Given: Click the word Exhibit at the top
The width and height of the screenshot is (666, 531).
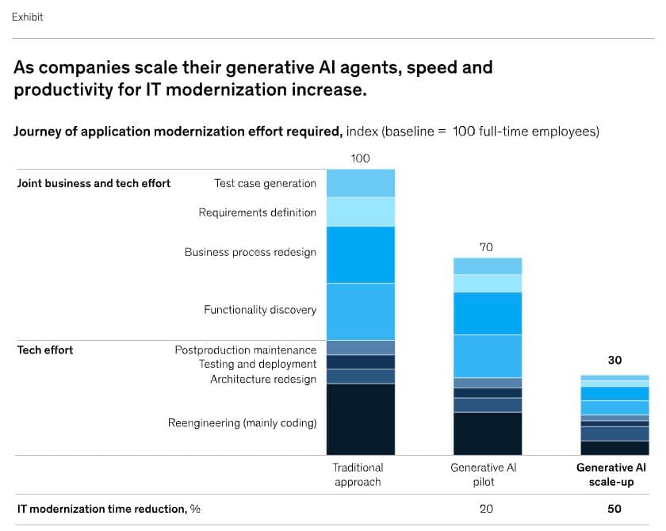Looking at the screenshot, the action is tap(27, 17).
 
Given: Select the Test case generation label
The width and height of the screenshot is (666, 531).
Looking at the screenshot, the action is tap(265, 183).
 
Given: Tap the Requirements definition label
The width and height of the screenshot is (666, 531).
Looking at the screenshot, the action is tap(258, 212).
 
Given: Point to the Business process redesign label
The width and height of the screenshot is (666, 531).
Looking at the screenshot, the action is tap(251, 252).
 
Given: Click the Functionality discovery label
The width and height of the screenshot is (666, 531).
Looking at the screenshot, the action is tap(260, 310).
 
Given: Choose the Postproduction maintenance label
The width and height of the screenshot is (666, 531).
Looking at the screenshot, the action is tap(246, 350).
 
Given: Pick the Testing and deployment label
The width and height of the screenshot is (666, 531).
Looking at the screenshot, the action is tap(258, 365).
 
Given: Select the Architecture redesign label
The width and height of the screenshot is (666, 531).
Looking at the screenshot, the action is tap(263, 379).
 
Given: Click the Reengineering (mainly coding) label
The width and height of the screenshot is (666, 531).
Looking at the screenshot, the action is tap(242, 422).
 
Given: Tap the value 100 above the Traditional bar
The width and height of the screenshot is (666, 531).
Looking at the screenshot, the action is tap(360, 159).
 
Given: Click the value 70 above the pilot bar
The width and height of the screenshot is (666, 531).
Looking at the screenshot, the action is tap(486, 247).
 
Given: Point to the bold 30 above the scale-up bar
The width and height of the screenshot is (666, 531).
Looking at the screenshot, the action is tap(614, 360).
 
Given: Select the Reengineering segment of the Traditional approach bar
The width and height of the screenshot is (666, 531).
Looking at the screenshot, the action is tap(361, 419).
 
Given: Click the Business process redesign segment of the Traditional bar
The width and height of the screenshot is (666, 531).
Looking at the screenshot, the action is tap(361, 254).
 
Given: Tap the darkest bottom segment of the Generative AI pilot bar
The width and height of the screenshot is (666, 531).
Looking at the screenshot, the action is tap(488, 434).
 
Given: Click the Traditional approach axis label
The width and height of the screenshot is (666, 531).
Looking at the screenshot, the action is tap(358, 475).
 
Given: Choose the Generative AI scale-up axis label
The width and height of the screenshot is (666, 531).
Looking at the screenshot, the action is tap(611, 475).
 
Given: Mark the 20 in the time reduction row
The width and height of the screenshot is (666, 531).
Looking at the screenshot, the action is tap(486, 509).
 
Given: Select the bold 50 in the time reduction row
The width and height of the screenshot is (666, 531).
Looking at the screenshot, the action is tap(614, 509).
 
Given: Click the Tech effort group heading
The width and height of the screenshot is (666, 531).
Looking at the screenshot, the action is tap(45, 350).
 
